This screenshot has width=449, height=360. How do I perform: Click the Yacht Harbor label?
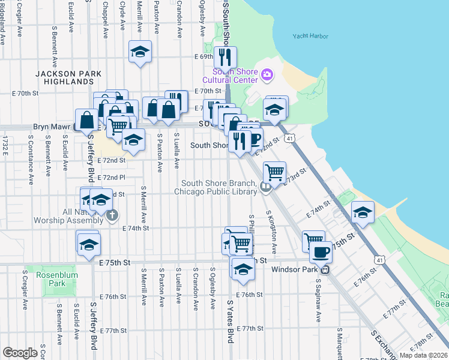point(310,37)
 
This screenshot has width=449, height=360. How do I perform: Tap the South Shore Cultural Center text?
point(230,76)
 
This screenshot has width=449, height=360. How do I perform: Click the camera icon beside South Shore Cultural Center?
point(267,75)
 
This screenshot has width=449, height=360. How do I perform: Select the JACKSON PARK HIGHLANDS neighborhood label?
point(68,77)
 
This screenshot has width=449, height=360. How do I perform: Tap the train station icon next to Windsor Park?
point(324,269)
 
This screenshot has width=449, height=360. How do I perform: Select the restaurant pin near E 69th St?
point(225,57)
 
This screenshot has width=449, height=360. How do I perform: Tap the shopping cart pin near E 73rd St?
point(274,172)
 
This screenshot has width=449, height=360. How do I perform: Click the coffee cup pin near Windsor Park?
point(321,252)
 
